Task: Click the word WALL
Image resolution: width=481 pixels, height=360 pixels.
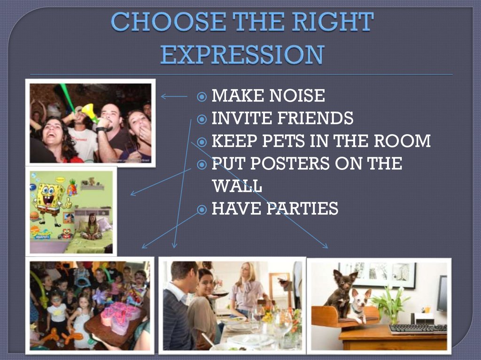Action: click(x=237, y=186)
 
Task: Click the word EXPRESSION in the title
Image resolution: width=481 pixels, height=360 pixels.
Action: click(x=241, y=55)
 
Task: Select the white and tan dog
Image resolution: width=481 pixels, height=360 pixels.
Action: click(x=359, y=304)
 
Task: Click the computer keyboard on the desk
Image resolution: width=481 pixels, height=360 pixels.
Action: click(x=418, y=329)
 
